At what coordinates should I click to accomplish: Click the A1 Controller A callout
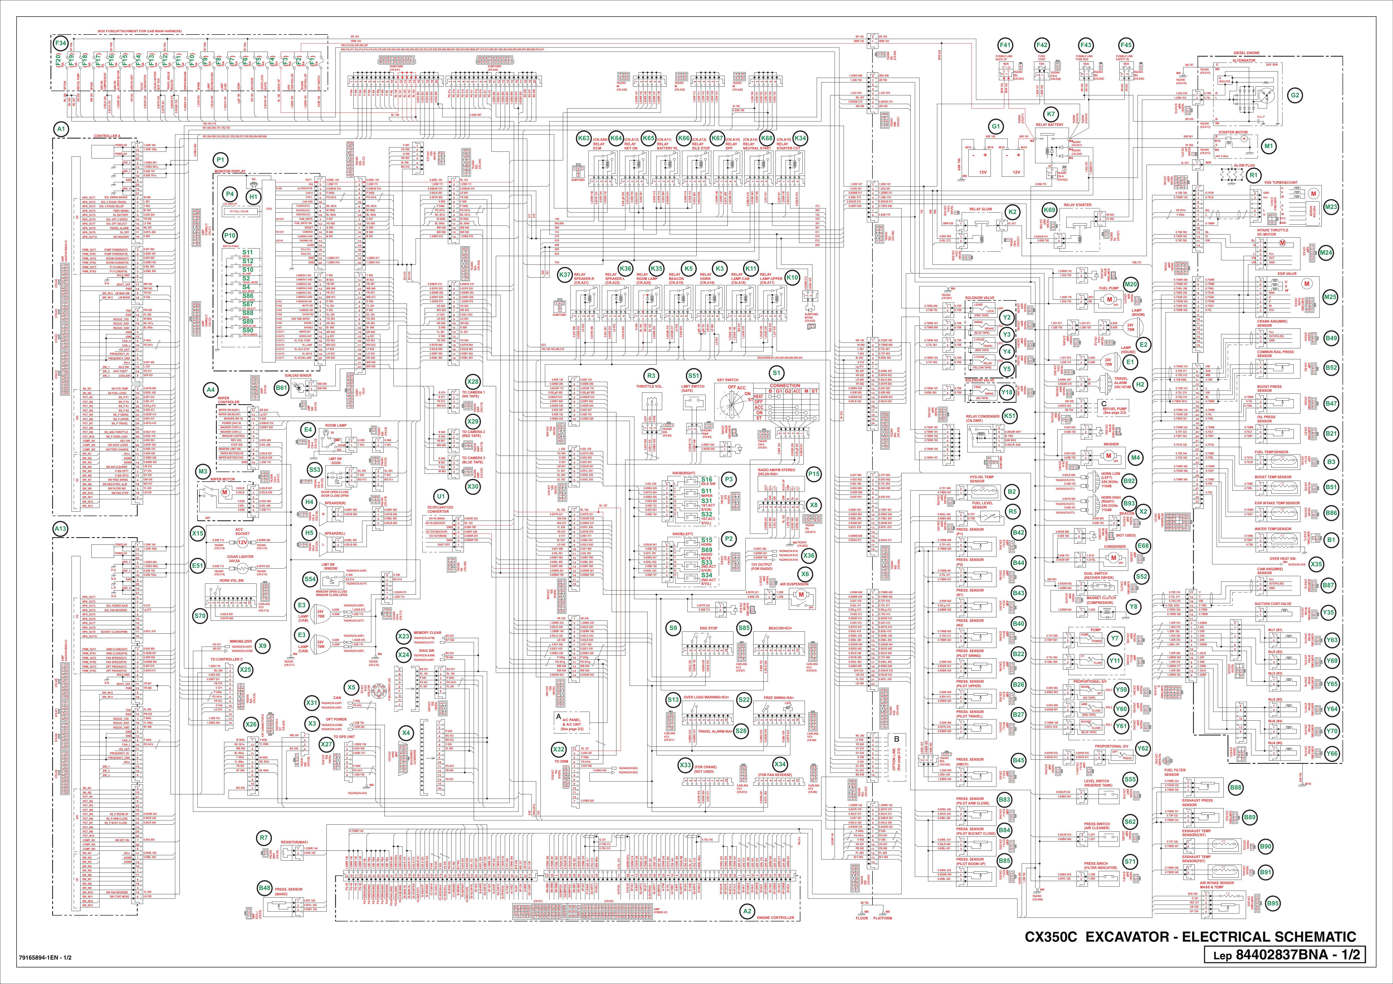click(61, 129)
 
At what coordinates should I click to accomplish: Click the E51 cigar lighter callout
click(197, 565)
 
